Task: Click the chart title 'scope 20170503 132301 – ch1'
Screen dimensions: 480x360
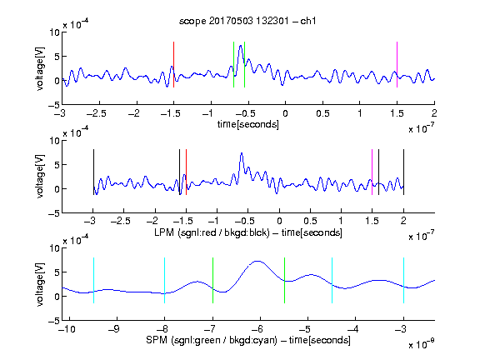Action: pyautogui.click(x=247, y=21)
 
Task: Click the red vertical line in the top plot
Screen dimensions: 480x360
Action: pyautogui.click(x=173, y=65)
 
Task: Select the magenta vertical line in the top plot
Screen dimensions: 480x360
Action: pyautogui.click(x=397, y=65)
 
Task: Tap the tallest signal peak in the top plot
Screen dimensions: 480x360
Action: pyautogui.click(x=241, y=46)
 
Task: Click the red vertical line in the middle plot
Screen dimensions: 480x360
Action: pyautogui.click(x=186, y=172)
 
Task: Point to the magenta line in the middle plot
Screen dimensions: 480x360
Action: pyautogui.click(x=372, y=172)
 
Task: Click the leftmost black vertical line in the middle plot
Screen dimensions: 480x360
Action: pyautogui.click(x=93, y=172)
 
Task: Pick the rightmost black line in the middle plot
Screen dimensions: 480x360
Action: pyautogui.click(x=403, y=172)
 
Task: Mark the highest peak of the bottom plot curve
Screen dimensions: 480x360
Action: pyautogui.click(x=257, y=261)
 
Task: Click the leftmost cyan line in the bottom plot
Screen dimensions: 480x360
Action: pyautogui.click(x=93, y=280)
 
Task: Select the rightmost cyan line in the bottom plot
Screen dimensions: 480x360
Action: pyautogui.click(x=403, y=280)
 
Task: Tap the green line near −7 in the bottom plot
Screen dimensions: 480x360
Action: pyautogui.click(x=212, y=280)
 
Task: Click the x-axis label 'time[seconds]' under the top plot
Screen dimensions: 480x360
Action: pyautogui.click(x=248, y=124)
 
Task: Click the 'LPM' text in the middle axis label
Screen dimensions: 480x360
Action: pyautogui.click(x=164, y=232)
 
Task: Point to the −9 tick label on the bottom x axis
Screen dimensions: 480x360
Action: pyautogui.click(x=114, y=329)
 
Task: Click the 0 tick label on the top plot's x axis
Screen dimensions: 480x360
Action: pyautogui.click(x=285, y=113)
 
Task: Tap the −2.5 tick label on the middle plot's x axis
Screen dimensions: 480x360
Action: pyautogui.click(x=120, y=221)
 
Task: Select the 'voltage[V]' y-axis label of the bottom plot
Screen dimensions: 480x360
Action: pyautogui.click(x=40, y=284)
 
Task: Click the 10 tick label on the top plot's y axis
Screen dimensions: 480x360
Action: pyautogui.click(x=55, y=32)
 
